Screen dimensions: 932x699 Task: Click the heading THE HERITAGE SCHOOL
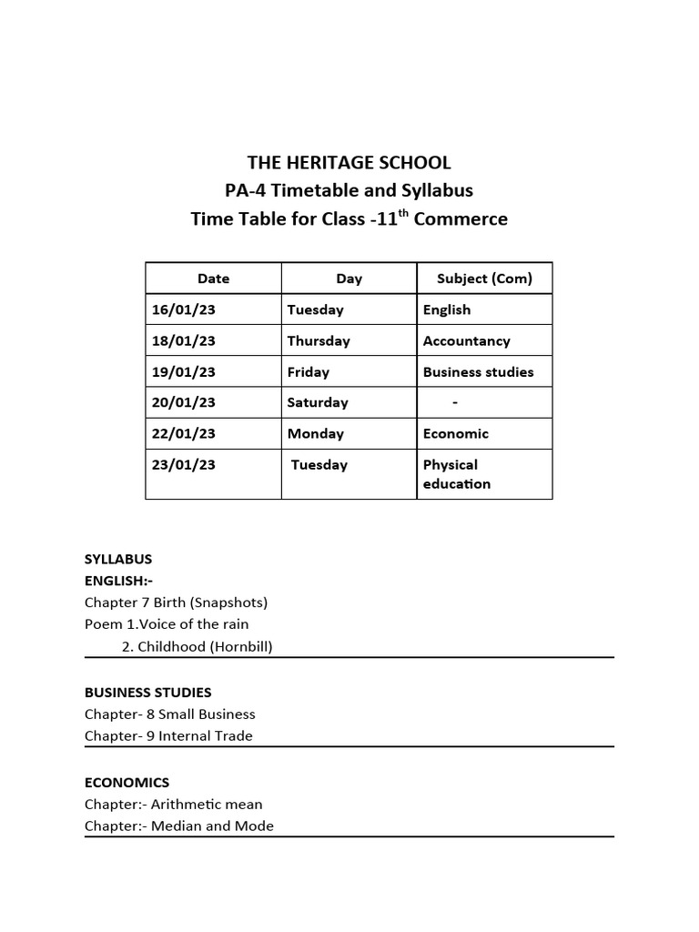pos(349,163)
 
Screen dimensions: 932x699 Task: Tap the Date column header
pos(213,279)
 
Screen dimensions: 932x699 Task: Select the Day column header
pos(349,279)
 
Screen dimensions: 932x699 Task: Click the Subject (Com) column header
pos(484,279)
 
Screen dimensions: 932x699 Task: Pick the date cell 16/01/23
pos(184,309)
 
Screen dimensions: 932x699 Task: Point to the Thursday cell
pos(319,340)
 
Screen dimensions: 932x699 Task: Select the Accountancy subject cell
pos(467,340)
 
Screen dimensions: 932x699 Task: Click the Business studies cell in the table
pos(479,371)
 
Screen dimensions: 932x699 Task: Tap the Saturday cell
pos(318,402)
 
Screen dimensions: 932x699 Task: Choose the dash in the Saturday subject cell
pos(455,402)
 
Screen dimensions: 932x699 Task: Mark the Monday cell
pos(316,433)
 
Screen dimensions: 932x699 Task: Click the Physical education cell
pos(457,474)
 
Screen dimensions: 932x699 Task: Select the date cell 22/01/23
pos(184,433)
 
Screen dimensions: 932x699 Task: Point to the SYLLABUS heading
pos(118,559)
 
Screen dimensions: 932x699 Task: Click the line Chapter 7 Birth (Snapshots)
pos(177,603)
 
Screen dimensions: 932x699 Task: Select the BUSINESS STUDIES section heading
pos(148,693)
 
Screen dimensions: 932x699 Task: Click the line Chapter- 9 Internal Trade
pos(169,735)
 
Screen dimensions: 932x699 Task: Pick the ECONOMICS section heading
pos(127,782)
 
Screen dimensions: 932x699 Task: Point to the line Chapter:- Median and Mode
pos(179,826)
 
